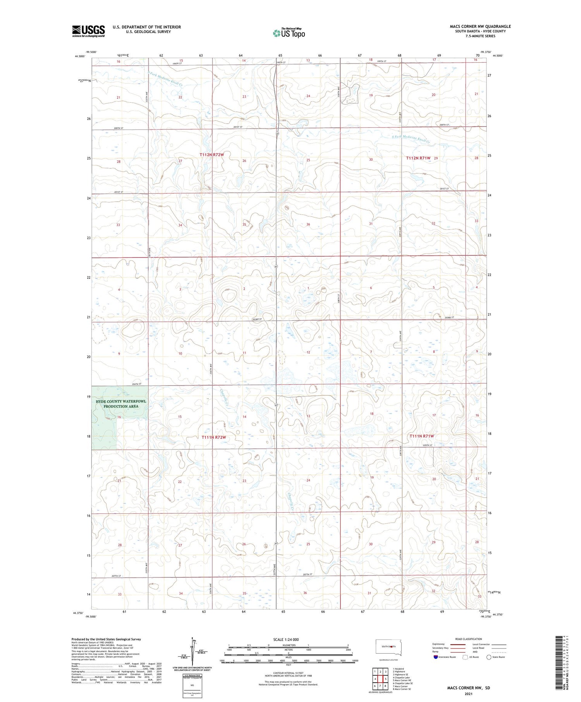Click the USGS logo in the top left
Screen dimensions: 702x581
pyautogui.click(x=88, y=31)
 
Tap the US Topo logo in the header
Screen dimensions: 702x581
pyautogui.click(x=289, y=33)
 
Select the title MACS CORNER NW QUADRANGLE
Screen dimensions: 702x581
pyautogui.click(x=480, y=26)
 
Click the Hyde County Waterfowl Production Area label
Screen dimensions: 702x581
pyautogui.click(x=121, y=403)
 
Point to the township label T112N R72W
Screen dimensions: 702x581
pyautogui.click(x=212, y=154)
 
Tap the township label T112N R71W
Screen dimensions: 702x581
pyautogui.click(x=418, y=158)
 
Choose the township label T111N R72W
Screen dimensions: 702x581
pyautogui.click(x=213, y=437)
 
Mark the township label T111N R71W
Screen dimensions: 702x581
pyautogui.click(x=421, y=436)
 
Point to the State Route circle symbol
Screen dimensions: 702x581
pyautogui.click(x=489, y=657)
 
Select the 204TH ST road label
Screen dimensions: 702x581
pyautogui.click(x=138, y=384)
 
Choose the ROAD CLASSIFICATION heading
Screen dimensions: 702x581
pyautogui.click(x=469, y=639)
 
